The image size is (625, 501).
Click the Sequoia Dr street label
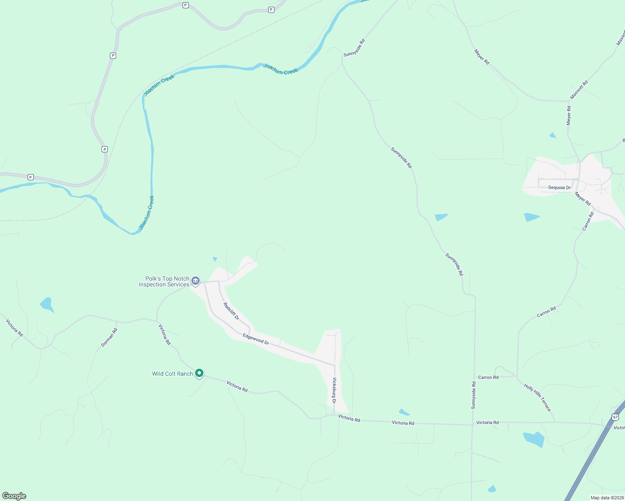(559, 187)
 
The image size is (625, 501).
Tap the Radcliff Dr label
(231, 311)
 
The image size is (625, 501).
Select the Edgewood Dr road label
(256, 339)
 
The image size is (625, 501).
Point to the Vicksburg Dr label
(334, 390)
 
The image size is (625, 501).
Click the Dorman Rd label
(109, 337)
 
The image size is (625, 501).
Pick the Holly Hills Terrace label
(537, 397)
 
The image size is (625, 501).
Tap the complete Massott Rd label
(579, 89)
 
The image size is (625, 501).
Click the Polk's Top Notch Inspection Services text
(164, 281)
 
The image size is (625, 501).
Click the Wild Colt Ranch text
(172, 374)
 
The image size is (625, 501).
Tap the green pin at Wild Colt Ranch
(199, 373)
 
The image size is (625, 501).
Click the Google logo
(14, 496)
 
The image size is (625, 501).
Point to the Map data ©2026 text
(607, 498)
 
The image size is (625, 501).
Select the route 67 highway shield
(615, 417)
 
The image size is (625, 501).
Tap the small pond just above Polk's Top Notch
(215, 259)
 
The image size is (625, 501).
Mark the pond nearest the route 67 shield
(534, 439)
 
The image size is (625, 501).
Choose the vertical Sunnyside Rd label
(473, 395)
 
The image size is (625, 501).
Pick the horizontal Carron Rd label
(488, 377)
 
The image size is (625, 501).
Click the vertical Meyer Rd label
(569, 116)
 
